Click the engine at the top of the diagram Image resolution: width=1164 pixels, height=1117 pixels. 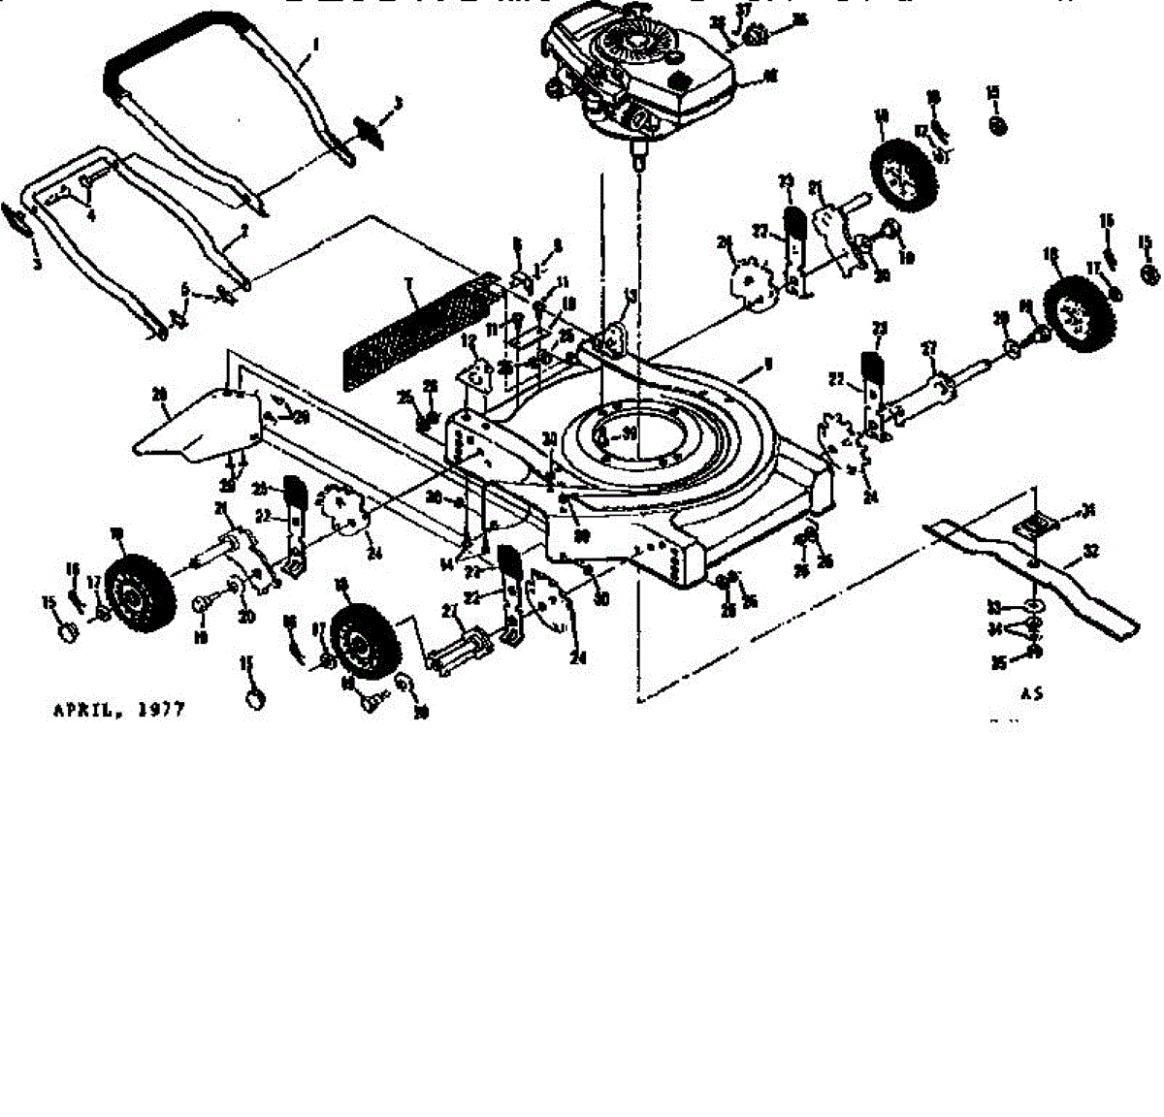click(635, 73)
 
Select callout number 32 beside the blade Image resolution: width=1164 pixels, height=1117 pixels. click(1091, 550)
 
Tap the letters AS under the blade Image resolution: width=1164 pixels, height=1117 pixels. click(1032, 694)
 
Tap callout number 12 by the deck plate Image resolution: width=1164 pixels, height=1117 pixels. click(469, 341)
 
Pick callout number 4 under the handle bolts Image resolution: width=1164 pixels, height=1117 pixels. click(91, 215)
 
